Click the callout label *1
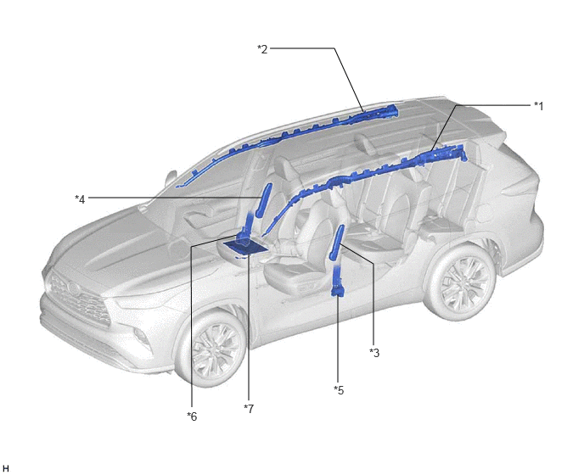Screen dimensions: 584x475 [x=538, y=106]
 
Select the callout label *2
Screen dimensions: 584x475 [x=262, y=49]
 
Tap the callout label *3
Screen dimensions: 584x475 [x=374, y=353]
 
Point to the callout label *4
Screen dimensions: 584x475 [x=80, y=199]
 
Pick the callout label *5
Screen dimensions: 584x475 [x=339, y=390]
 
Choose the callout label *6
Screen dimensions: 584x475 [x=192, y=416]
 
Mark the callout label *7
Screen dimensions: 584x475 [x=249, y=408]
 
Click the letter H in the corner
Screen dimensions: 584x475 [x=6, y=468]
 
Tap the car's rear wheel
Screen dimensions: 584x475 [x=463, y=281]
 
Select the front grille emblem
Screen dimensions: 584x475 [x=72, y=288]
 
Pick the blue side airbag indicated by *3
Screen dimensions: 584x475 [x=335, y=242]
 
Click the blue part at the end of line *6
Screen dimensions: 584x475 [x=242, y=234]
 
